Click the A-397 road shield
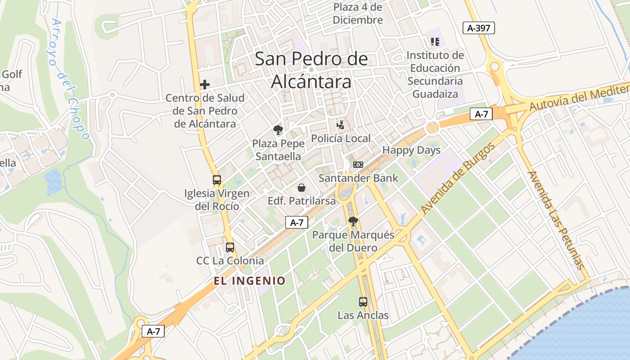tap(479, 28)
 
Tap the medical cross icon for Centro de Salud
tap(205, 84)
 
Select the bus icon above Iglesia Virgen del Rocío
tap(217, 180)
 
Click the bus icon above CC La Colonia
tap(230, 247)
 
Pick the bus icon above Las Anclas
tap(363, 302)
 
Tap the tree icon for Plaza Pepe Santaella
tap(278, 130)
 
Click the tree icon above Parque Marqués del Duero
tap(353, 221)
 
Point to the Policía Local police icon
tap(341, 125)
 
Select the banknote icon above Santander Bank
tap(358, 165)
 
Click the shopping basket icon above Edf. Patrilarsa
tap(301, 187)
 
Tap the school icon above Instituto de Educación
tap(435, 42)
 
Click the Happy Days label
tap(411, 150)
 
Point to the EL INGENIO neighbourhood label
tap(249, 281)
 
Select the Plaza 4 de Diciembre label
tap(358, 13)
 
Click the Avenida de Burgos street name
tap(458, 178)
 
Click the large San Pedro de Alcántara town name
tap(311, 70)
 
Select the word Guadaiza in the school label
tap(435, 94)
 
